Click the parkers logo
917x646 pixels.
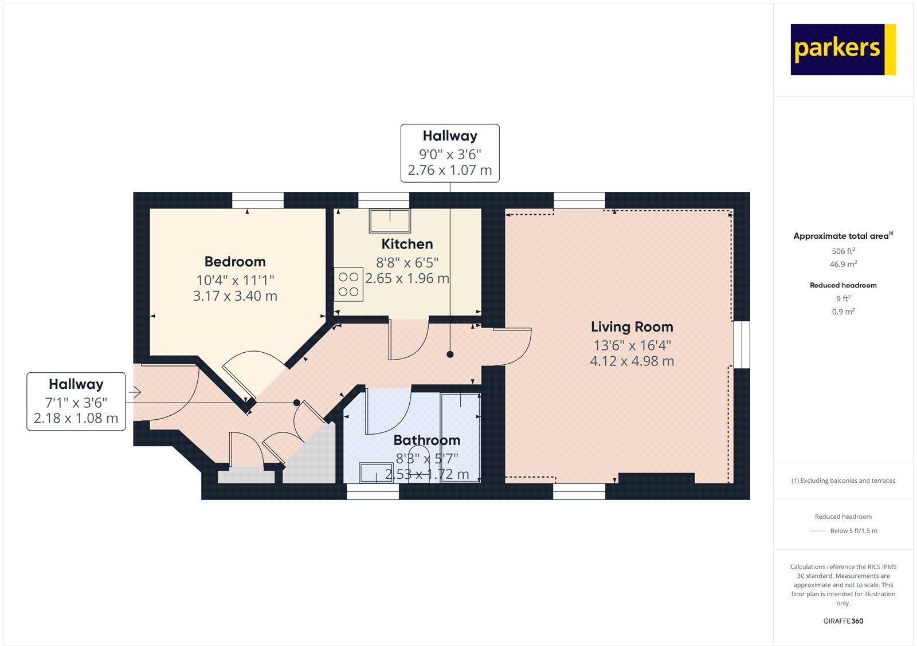point(842,49)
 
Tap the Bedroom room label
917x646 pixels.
point(235,262)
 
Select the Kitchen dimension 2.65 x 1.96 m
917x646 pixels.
point(407,279)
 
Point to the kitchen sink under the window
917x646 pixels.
point(390,220)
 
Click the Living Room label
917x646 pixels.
point(632,327)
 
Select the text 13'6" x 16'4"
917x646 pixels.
point(632,345)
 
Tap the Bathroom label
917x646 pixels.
point(426,440)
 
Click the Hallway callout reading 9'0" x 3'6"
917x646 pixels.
point(450,153)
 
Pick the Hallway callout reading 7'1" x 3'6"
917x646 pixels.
point(76,401)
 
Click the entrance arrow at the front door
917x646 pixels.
point(135,392)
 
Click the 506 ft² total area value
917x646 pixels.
point(843,251)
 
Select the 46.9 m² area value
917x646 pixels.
point(843,265)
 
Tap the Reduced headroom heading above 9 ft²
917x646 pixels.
point(843,285)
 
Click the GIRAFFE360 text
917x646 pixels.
point(843,621)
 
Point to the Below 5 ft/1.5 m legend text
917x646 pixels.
point(853,531)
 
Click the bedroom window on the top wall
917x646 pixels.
point(257,199)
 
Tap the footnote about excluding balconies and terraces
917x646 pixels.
point(843,481)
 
